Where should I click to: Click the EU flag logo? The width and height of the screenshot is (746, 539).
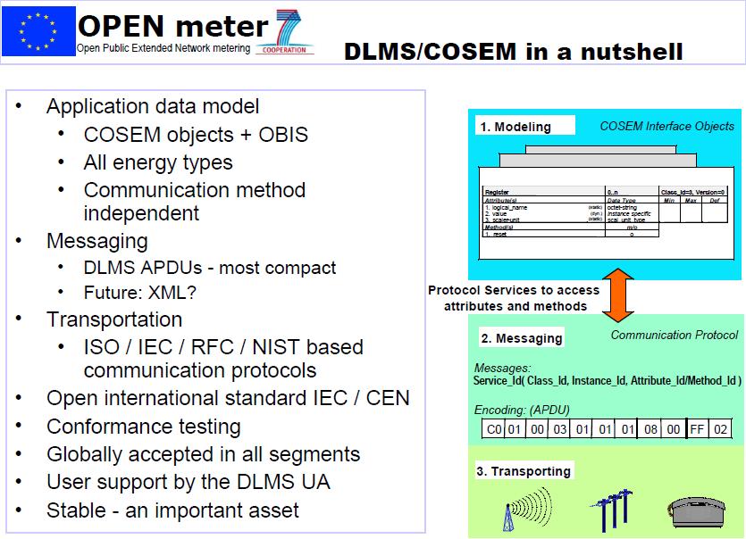[38, 30]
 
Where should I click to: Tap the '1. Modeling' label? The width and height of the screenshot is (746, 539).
[515, 127]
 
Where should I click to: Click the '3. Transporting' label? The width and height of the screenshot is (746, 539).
[524, 471]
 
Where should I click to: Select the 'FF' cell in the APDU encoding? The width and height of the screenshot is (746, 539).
[697, 429]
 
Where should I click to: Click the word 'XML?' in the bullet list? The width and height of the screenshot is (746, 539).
[179, 292]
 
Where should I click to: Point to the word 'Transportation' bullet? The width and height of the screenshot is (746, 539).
[114, 319]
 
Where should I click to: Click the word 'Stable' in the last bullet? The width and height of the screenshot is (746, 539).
[77, 510]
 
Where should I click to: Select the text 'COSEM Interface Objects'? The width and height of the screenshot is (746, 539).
[666, 126]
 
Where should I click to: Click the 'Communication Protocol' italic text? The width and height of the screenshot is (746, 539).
[675, 335]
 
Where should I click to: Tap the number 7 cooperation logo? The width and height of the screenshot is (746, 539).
[288, 32]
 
